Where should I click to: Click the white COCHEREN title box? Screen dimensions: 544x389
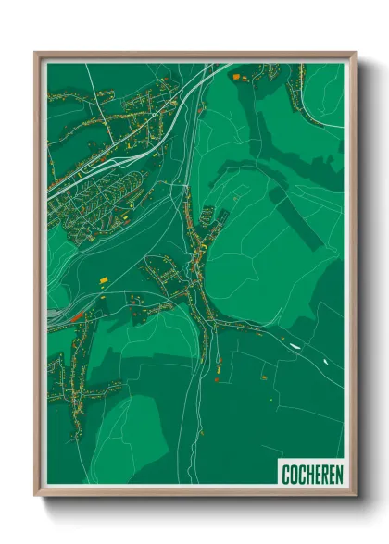click(x=310, y=473)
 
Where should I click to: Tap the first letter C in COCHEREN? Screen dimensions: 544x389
click(x=286, y=474)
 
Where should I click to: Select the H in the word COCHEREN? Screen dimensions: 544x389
click(x=307, y=474)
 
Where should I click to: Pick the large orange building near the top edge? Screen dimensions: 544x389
click(x=235, y=75)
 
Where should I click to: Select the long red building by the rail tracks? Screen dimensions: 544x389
click(x=77, y=315)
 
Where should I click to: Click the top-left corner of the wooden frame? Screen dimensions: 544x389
click(x=36, y=54)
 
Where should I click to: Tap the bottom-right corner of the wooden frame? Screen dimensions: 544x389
click(x=355, y=495)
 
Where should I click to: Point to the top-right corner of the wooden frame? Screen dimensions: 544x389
click(x=355, y=54)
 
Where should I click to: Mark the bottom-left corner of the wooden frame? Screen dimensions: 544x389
click(x=36, y=495)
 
